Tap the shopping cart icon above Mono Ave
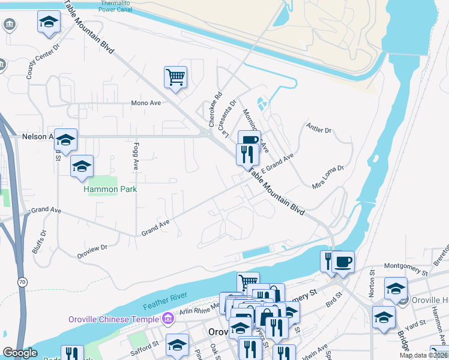[175, 77]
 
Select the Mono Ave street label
[146, 103]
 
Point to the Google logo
[20, 353]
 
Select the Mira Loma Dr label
[328, 178]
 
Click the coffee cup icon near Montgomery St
[343, 262]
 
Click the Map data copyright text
[423, 355]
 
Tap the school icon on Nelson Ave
[65, 140]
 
